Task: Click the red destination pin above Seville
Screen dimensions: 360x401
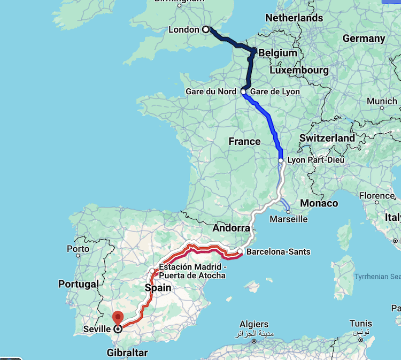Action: click(x=118, y=317)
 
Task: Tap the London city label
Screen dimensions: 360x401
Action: click(x=183, y=30)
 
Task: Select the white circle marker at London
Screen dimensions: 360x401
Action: click(x=206, y=30)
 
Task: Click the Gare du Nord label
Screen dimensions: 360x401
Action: click(x=211, y=91)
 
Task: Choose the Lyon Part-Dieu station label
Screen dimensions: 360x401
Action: click(x=315, y=160)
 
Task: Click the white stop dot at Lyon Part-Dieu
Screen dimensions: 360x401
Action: click(x=281, y=160)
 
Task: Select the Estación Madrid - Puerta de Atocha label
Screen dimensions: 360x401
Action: click(x=192, y=271)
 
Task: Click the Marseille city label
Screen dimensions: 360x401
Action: click(x=289, y=219)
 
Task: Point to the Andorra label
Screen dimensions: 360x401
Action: click(x=232, y=228)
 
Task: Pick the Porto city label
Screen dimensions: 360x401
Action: click(x=78, y=249)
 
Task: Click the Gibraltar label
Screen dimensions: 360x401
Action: click(x=127, y=353)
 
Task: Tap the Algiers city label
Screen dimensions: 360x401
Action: click(x=254, y=325)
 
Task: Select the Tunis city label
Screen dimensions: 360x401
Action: click(x=360, y=324)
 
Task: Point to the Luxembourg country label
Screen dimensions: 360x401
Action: click(x=299, y=70)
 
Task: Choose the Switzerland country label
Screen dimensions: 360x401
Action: click(x=327, y=138)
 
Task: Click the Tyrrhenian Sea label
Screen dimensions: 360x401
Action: click(x=377, y=277)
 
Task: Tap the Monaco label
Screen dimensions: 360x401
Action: click(x=319, y=203)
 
